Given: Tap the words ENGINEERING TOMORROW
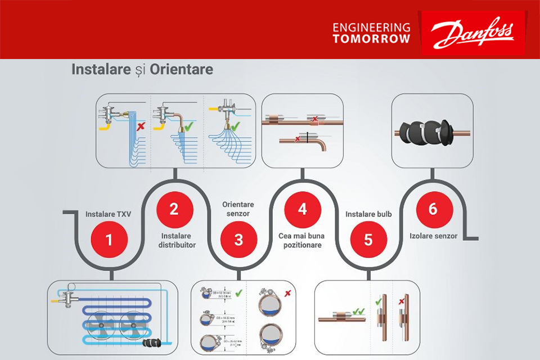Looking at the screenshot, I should [x=371, y=33].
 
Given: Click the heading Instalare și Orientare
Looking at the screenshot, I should [x=142, y=70].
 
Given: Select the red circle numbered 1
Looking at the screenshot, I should [x=109, y=240].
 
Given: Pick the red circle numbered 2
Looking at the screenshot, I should [x=174, y=209].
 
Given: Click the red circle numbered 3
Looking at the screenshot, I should [x=238, y=240].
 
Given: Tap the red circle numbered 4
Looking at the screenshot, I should [x=303, y=209].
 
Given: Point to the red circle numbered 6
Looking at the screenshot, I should [x=433, y=209].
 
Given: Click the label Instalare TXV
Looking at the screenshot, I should [x=107, y=214].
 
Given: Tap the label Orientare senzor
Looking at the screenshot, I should [x=238, y=209].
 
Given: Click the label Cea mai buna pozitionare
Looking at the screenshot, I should [x=303, y=240].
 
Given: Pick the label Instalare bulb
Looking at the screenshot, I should [x=368, y=214].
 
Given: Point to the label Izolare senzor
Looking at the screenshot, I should [x=434, y=236].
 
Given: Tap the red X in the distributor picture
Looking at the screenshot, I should [x=141, y=125].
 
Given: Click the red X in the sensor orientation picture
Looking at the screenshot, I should [x=287, y=293].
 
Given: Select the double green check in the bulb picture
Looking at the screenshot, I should [x=358, y=311].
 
